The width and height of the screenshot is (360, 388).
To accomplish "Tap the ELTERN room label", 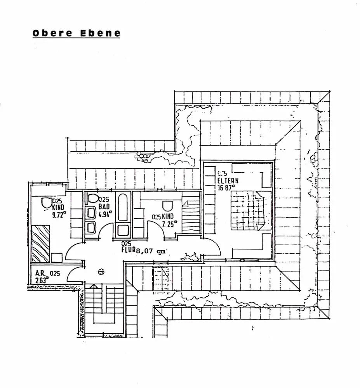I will point(228,180).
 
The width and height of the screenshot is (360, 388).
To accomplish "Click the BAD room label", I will point(104,206).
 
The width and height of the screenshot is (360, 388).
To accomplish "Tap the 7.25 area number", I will point(169,223).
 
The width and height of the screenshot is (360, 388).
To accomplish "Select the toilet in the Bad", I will point(93,199).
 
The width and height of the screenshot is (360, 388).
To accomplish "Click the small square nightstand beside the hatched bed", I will point(57,258).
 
